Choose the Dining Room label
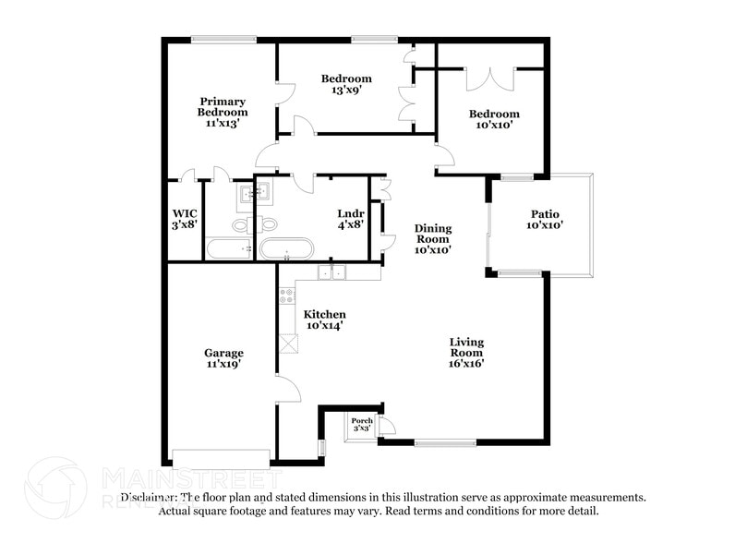point(431,239)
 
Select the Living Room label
point(466,352)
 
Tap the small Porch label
point(362,421)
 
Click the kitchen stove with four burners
point(286,297)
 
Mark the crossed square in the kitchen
point(289,343)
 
